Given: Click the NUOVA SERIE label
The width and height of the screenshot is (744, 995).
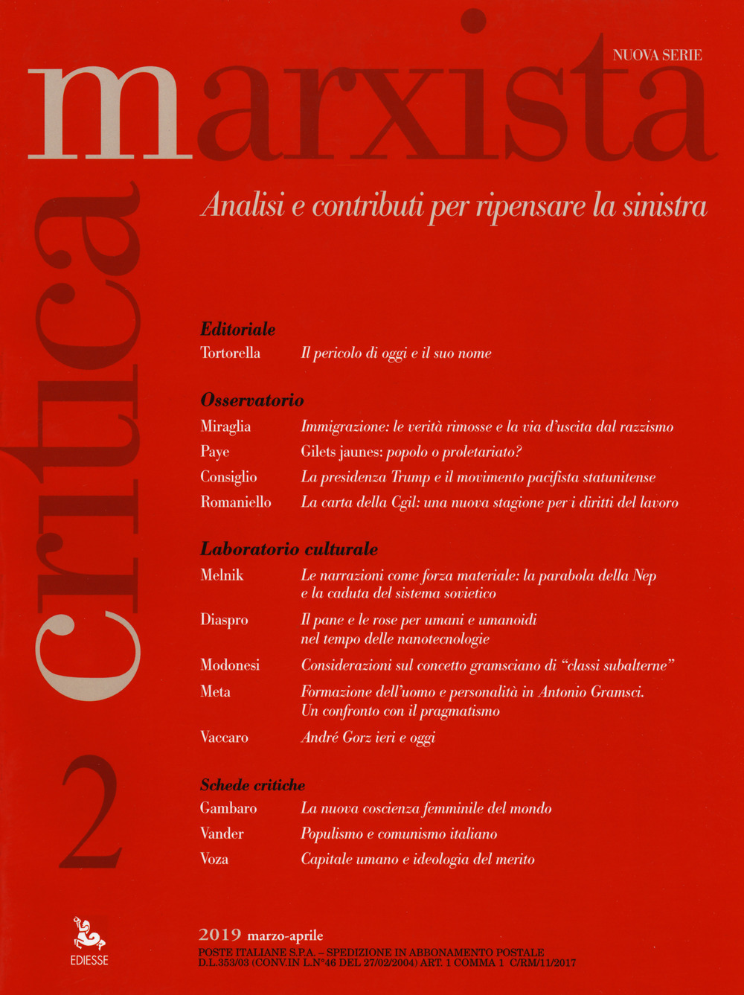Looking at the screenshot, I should [x=657, y=54].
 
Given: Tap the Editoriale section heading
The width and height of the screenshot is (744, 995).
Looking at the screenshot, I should [x=238, y=328].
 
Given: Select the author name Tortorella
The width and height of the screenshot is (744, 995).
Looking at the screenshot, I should [x=230, y=353].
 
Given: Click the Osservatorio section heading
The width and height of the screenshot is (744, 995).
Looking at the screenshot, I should [x=252, y=400].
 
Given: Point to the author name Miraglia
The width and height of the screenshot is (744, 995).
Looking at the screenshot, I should [x=225, y=426].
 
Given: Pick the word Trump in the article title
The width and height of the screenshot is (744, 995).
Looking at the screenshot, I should [x=411, y=477].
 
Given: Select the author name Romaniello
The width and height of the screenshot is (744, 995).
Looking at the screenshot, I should [x=236, y=502].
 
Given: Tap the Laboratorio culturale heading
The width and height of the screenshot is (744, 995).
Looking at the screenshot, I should [x=289, y=549].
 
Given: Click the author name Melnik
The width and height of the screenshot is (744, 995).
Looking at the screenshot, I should [x=222, y=575].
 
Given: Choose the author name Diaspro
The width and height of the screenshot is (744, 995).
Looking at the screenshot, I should [x=224, y=619].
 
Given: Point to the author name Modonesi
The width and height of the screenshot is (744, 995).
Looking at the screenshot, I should [x=230, y=665].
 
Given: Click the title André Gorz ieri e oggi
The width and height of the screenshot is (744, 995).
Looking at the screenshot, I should [x=368, y=738].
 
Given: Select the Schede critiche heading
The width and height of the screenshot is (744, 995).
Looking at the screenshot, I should [x=252, y=784].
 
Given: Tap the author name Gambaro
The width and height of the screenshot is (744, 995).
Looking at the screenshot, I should [x=228, y=808].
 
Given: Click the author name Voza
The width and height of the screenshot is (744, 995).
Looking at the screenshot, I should [x=214, y=859].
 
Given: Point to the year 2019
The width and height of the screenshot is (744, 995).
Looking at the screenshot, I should [x=220, y=935].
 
